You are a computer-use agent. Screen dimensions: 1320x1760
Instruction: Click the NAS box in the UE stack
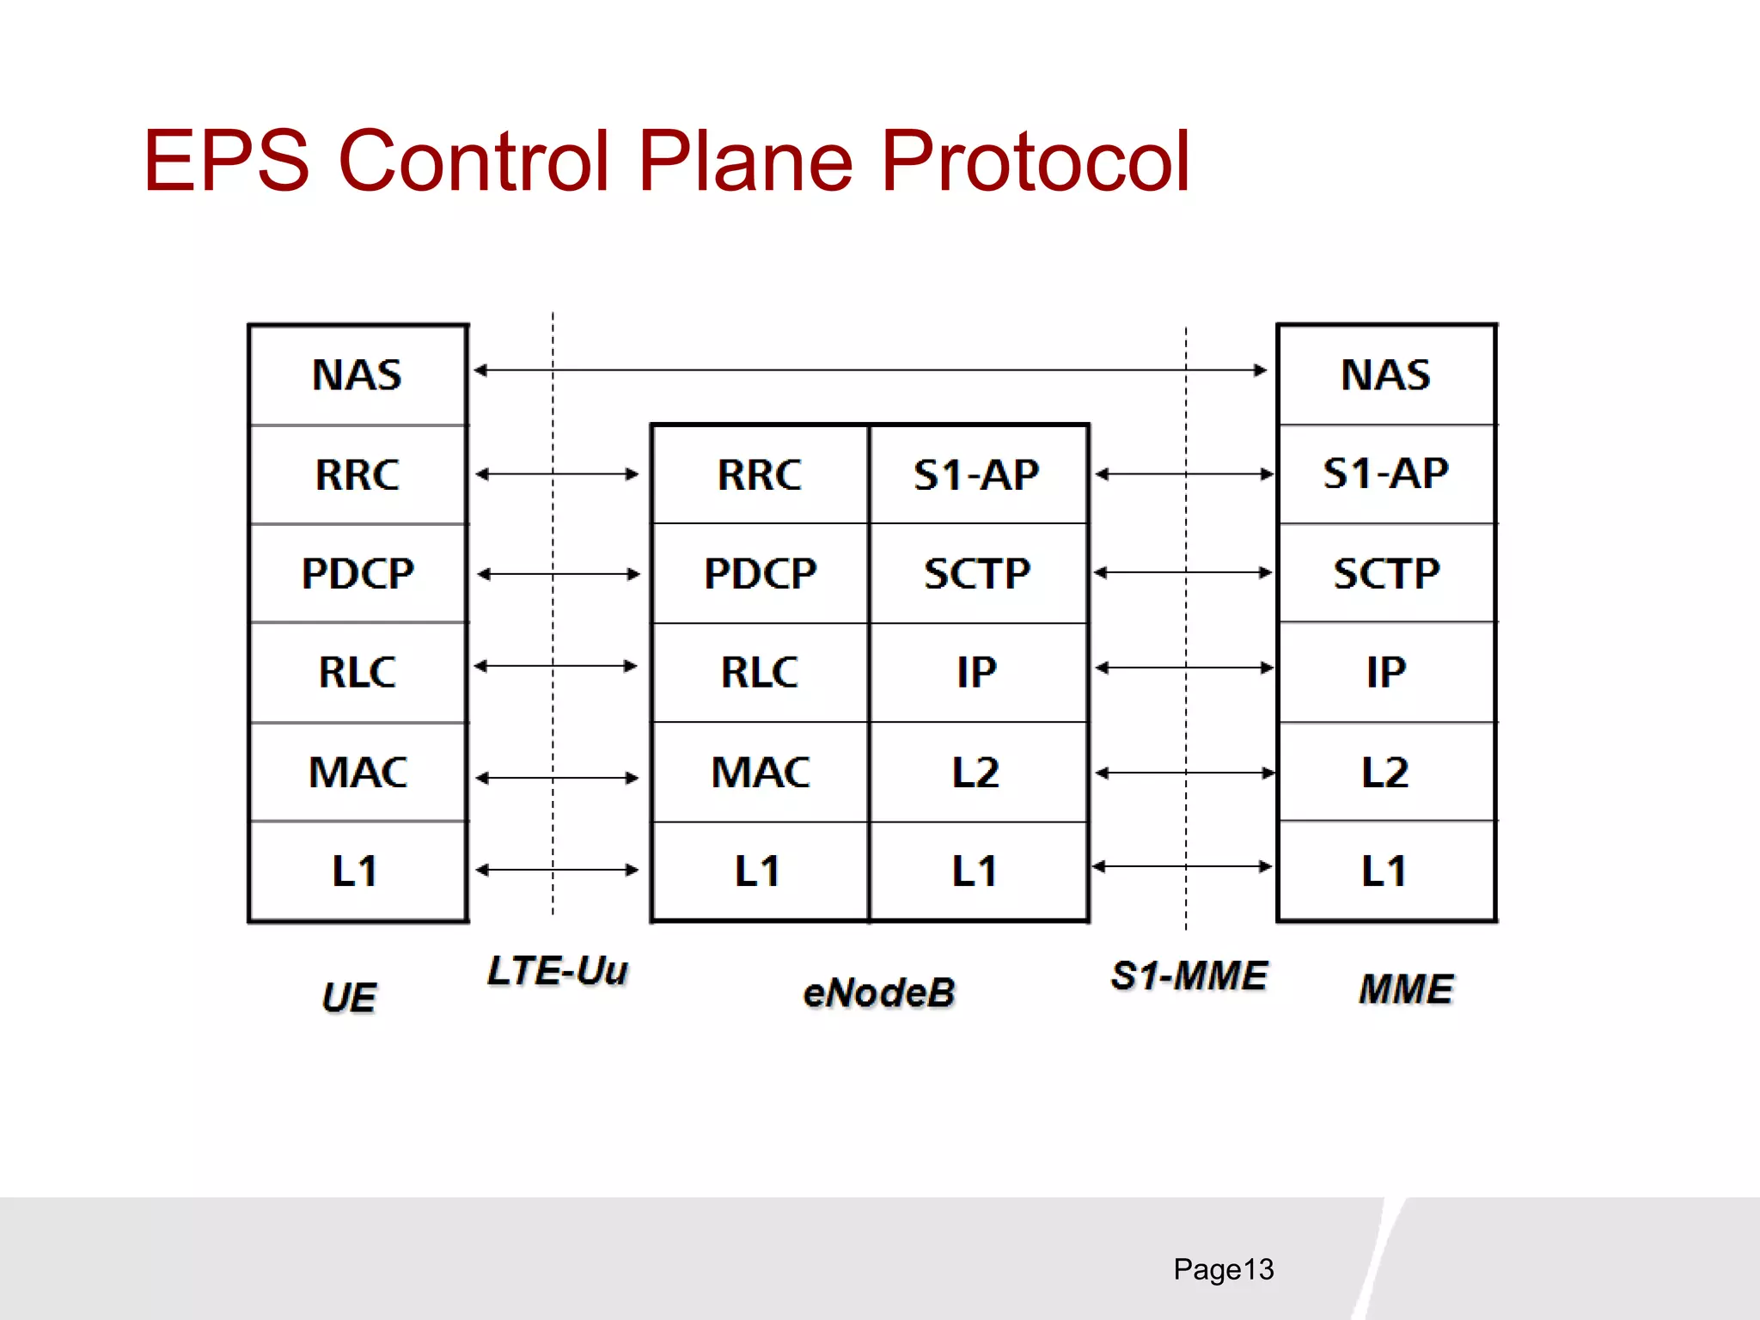pyautogui.click(x=357, y=375)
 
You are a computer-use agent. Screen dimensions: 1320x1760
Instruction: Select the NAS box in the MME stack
pyautogui.click(x=1386, y=375)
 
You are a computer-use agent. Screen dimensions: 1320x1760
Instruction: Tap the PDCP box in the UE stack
pyautogui.click(x=357, y=573)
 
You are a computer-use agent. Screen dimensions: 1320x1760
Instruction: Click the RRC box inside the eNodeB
pyautogui.click(x=760, y=474)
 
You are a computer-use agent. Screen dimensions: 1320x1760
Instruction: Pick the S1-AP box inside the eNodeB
pyautogui.click(x=978, y=474)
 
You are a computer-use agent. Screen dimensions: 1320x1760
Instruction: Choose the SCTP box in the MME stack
pyautogui.click(x=1386, y=573)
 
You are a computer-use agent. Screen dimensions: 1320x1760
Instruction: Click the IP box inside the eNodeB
pyautogui.click(x=978, y=672)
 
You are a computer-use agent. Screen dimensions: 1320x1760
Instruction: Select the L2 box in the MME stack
pyautogui.click(x=1386, y=772)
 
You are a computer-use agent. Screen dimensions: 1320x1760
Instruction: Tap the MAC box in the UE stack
pyautogui.click(x=357, y=772)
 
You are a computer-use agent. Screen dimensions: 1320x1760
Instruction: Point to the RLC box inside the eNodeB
pyautogui.click(x=760, y=672)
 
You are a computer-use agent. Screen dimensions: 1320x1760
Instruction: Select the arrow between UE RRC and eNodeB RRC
pyautogui.click(x=557, y=474)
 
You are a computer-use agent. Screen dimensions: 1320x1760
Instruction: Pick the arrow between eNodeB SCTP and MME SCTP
pyautogui.click(x=1183, y=572)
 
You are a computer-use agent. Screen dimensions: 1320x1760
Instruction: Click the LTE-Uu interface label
pyautogui.click(x=557, y=971)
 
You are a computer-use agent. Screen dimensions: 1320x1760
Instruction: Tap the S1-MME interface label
pyautogui.click(x=1189, y=976)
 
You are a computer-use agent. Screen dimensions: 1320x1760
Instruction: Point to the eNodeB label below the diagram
pyautogui.click(x=878, y=993)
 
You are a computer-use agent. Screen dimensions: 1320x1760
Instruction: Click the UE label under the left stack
pyautogui.click(x=349, y=998)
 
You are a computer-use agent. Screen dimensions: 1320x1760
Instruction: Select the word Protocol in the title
pyautogui.click(x=1035, y=161)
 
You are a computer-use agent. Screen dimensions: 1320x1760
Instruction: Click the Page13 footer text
pyautogui.click(x=1223, y=1269)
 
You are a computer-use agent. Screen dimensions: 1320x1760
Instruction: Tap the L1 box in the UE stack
pyautogui.click(x=357, y=871)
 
